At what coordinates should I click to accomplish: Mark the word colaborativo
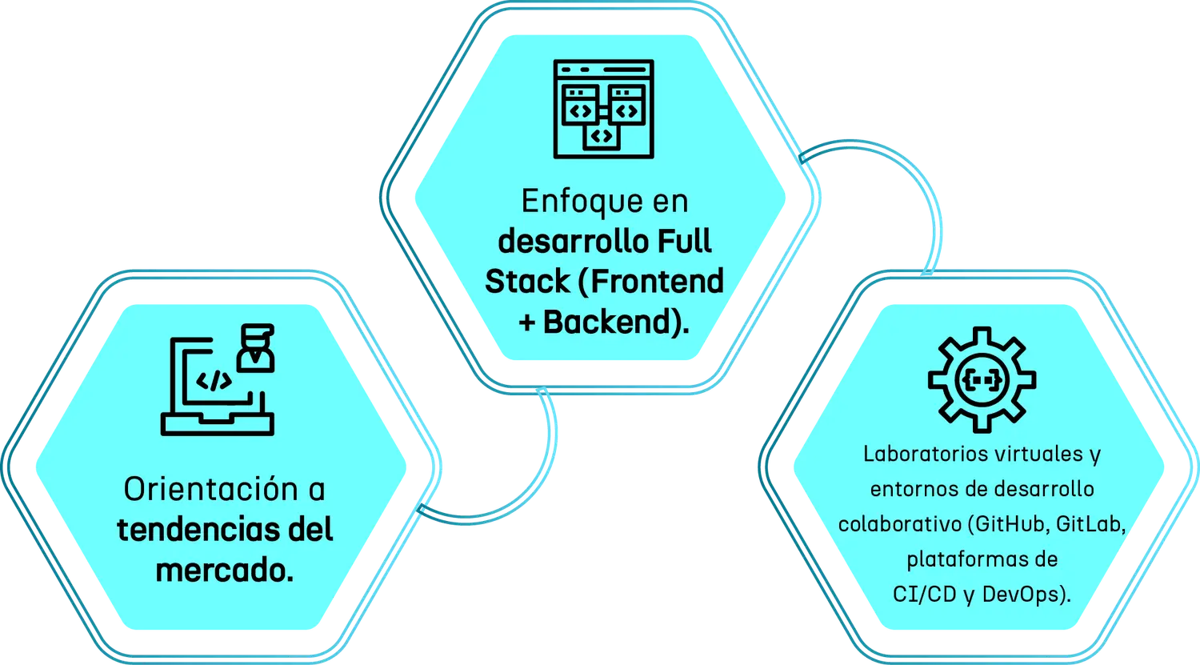(898, 525)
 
